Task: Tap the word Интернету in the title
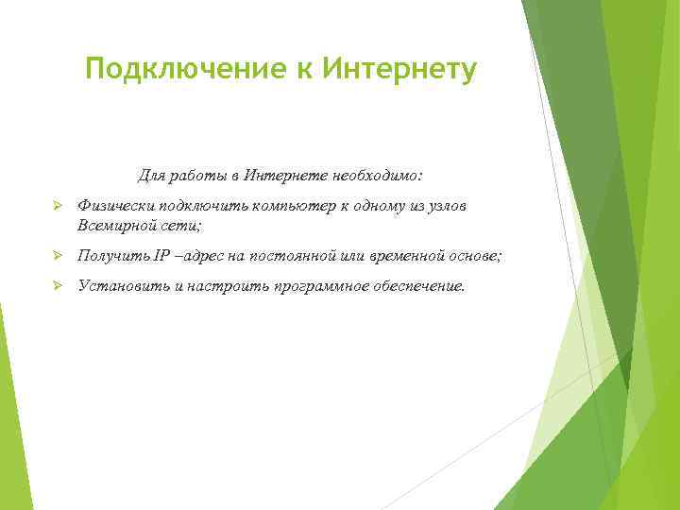point(399,69)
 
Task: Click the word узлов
point(445,206)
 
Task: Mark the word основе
point(480,256)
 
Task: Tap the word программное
point(320,286)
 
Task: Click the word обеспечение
point(418,286)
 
